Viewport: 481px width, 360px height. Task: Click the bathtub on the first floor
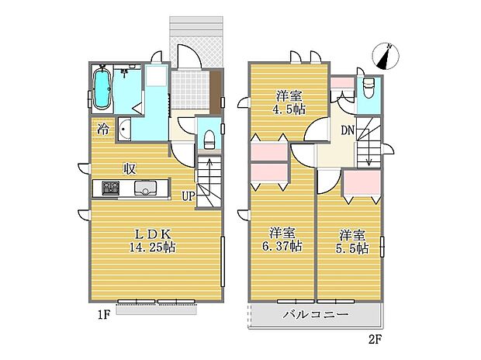[102, 89]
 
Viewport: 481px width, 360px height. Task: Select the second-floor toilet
[368, 86]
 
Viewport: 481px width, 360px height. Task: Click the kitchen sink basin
[145, 188]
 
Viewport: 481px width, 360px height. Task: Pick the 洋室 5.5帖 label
[352, 241]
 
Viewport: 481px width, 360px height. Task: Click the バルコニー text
[314, 316]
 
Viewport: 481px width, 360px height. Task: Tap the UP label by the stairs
[188, 196]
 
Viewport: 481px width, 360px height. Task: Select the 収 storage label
[130, 168]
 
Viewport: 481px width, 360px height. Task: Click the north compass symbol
[386, 54]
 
